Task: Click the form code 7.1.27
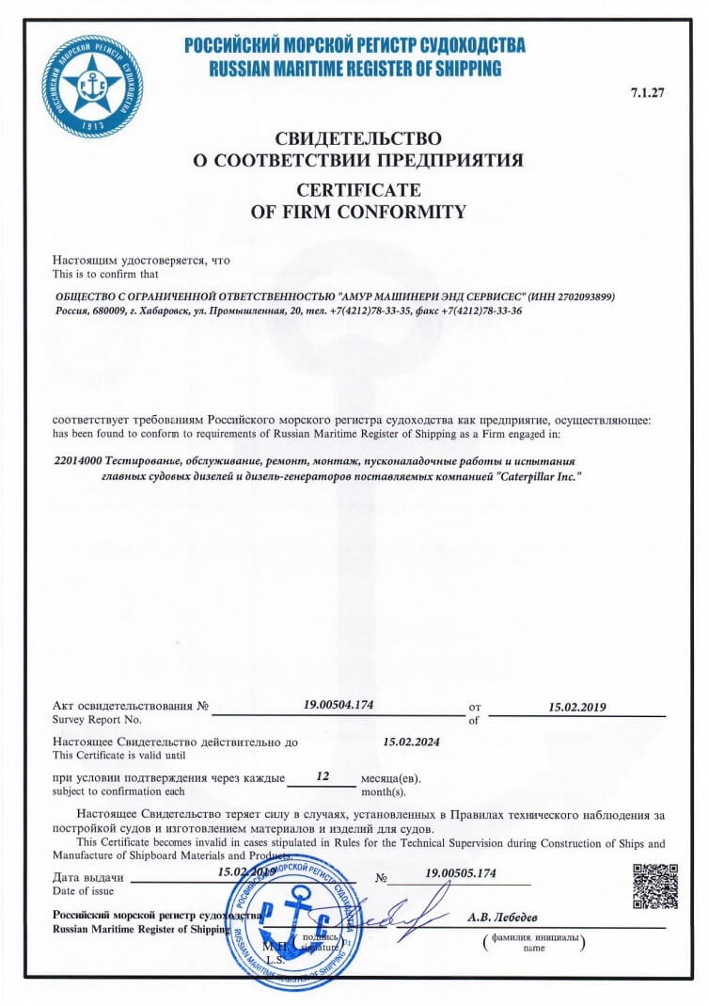(648, 92)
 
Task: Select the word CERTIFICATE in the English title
(357, 189)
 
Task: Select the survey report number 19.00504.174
(339, 704)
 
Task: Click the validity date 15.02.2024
(411, 742)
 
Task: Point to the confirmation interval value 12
(323, 776)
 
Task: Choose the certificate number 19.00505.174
(460, 873)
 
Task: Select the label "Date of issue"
(83, 890)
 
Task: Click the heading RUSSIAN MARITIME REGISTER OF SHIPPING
(354, 68)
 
